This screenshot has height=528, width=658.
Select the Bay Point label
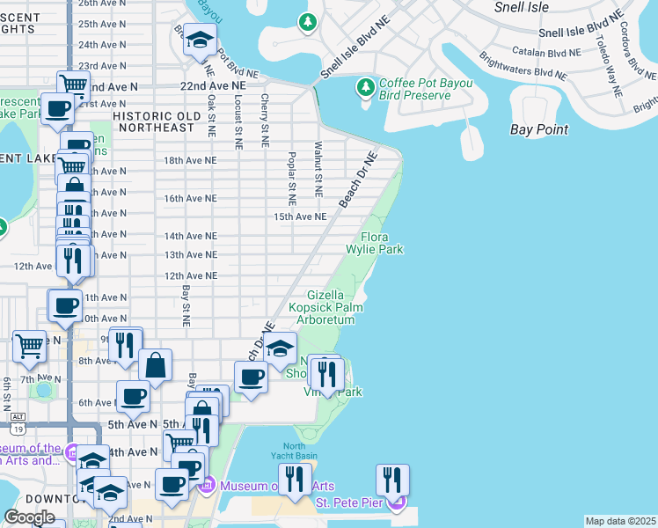click(539, 129)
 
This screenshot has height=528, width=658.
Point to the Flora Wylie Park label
click(382, 243)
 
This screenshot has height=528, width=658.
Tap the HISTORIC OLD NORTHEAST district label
click(154, 121)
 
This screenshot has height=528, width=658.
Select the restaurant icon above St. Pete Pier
click(392, 480)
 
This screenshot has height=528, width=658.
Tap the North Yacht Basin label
click(294, 451)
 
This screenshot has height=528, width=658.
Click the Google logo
click(29, 517)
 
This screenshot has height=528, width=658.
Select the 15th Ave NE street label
click(300, 216)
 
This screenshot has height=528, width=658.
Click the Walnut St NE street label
click(318, 169)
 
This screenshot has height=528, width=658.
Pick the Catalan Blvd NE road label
click(549, 53)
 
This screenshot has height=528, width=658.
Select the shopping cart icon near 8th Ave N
click(29, 346)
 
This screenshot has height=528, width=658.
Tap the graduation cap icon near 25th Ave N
click(200, 40)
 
